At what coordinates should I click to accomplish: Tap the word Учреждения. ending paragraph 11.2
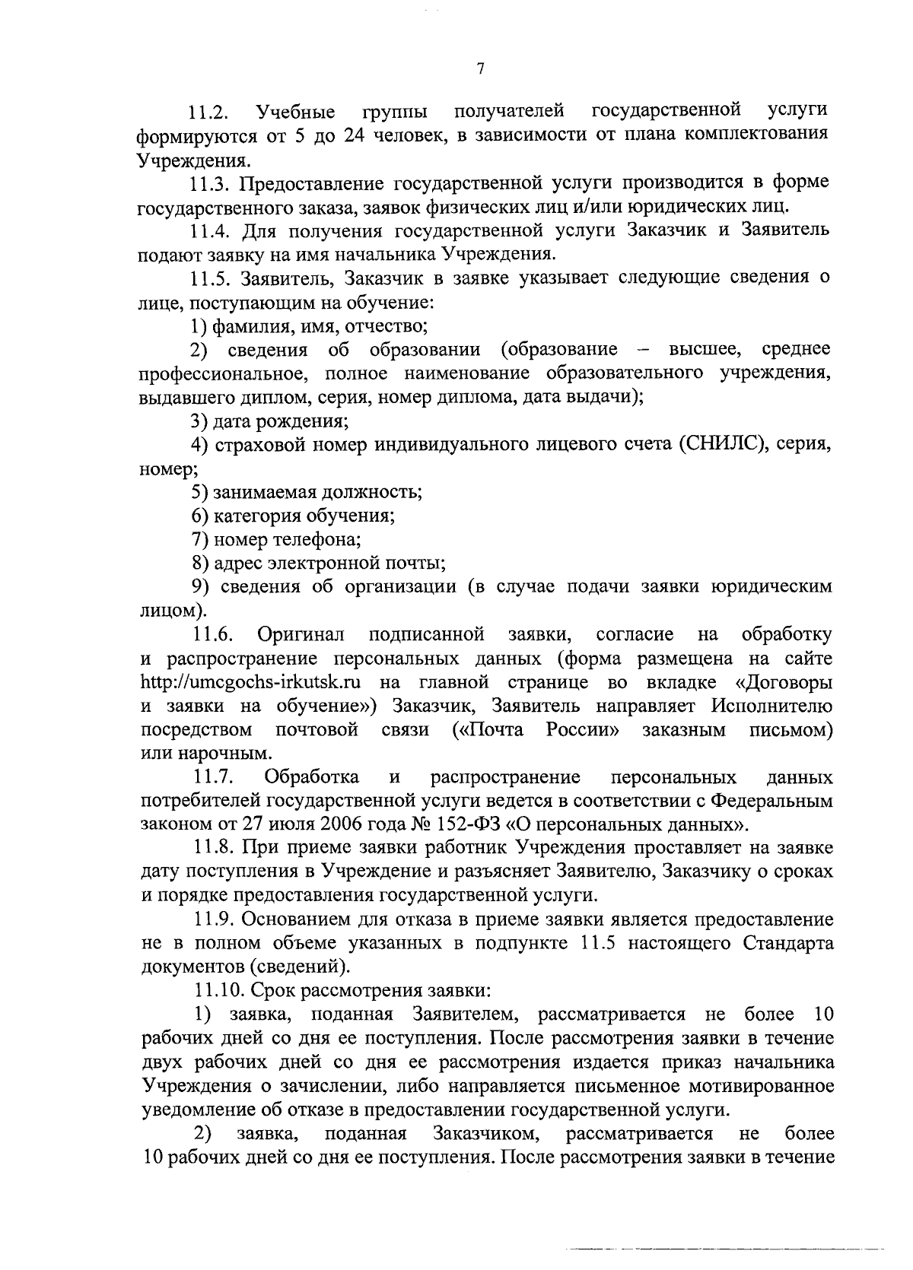click(x=194, y=161)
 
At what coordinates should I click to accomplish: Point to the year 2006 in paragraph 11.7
click(x=326, y=825)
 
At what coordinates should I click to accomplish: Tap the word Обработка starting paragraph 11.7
click(x=312, y=778)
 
